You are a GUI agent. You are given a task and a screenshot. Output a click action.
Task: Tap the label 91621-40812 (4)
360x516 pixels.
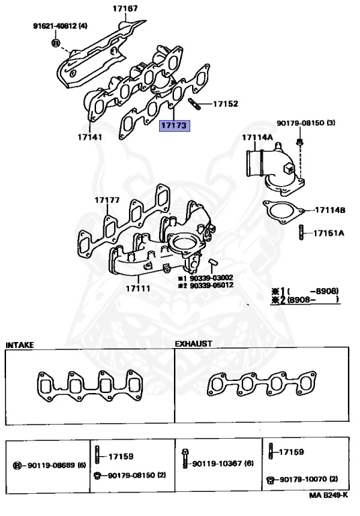pyautogui.click(x=60, y=26)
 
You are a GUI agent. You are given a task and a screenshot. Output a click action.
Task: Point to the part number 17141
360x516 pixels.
pyautogui.click(x=89, y=136)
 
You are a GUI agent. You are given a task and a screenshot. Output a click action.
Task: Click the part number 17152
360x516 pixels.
pyautogui.click(x=226, y=104)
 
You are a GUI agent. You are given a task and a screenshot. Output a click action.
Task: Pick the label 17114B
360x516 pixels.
pyautogui.click(x=330, y=210)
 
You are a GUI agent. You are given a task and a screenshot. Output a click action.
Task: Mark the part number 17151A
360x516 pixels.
pyautogui.click(x=330, y=234)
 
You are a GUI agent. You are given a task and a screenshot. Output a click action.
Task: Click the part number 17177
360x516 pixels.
pyautogui.click(x=106, y=200)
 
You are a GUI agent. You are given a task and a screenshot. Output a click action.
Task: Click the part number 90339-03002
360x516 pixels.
pyautogui.click(x=210, y=277)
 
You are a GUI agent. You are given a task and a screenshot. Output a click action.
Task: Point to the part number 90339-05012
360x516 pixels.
pyautogui.click(x=210, y=286)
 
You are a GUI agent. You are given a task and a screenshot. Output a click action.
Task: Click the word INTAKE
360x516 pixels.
pyautogui.click(x=19, y=345)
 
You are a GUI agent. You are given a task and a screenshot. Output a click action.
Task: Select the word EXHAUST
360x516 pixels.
pyautogui.click(x=193, y=343)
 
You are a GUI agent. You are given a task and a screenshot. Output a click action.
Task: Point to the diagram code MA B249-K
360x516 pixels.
pyautogui.click(x=328, y=495)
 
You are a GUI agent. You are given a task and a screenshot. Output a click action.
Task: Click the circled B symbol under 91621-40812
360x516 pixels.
pyautogui.click(x=55, y=42)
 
